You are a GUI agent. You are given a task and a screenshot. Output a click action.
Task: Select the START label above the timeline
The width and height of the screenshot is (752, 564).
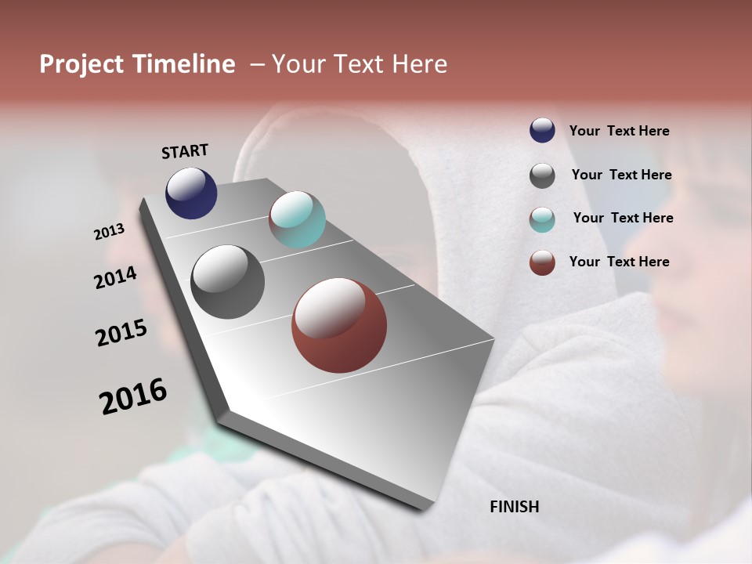(x=185, y=150)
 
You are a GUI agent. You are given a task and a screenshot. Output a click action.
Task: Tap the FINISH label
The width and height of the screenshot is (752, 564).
(x=515, y=507)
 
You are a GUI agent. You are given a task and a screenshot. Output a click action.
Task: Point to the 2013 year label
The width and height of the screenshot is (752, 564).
(x=110, y=232)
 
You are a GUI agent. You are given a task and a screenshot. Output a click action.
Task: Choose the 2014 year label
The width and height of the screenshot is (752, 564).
(x=116, y=277)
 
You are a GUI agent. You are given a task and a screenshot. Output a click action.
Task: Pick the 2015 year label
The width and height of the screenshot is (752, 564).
(x=121, y=333)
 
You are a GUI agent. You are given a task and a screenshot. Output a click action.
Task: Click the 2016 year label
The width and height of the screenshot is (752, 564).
(x=133, y=396)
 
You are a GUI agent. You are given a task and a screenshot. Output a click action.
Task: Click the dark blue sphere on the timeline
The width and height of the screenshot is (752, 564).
(x=191, y=193)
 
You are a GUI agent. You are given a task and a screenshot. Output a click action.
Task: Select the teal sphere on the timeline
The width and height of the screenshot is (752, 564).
(x=298, y=219)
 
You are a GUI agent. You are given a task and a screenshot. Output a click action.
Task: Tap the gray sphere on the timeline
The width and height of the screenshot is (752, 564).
(x=228, y=282)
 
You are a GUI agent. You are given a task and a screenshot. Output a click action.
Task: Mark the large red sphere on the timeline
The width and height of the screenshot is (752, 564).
(x=339, y=325)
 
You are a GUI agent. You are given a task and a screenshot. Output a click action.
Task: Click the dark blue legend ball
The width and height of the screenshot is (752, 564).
(x=542, y=130)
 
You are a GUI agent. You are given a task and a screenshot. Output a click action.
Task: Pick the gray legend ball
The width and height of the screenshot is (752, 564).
(x=542, y=175)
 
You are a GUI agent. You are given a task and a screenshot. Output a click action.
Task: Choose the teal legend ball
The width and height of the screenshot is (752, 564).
(x=542, y=219)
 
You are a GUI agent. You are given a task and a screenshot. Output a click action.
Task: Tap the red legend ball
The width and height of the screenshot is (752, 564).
(x=542, y=262)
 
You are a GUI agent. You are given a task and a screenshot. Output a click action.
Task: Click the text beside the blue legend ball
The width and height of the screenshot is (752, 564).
(x=620, y=131)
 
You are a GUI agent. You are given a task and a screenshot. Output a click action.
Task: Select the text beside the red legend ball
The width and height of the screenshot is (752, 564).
(x=620, y=262)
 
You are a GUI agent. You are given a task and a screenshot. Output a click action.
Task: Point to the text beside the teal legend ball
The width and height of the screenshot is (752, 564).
(x=623, y=218)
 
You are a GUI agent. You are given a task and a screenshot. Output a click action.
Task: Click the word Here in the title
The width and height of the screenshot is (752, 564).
(x=418, y=64)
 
